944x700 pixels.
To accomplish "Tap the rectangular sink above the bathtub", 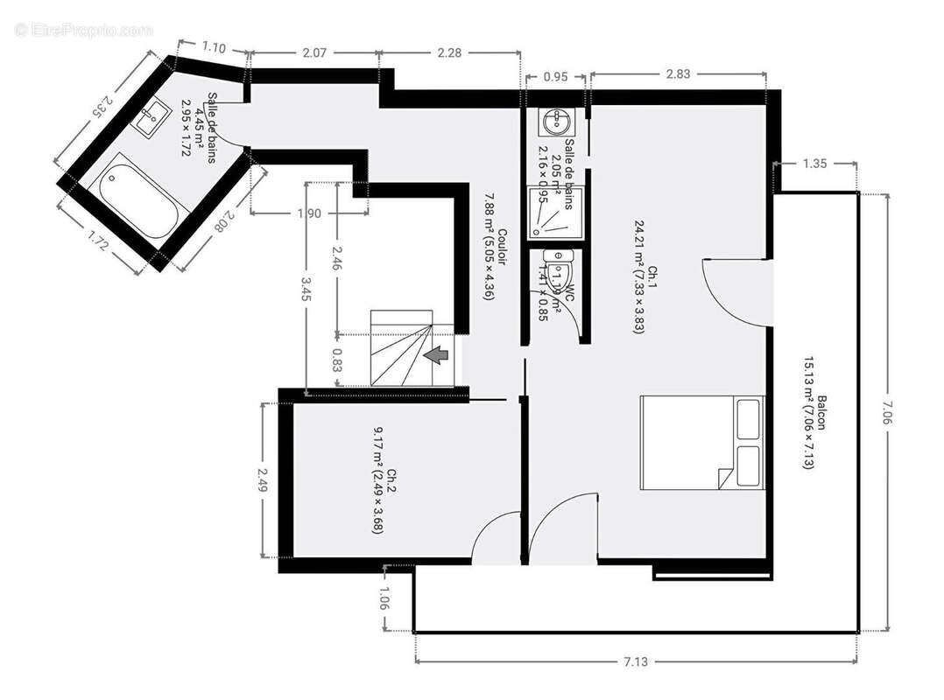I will click(x=154, y=115).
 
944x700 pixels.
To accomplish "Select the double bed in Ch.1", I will click(x=702, y=442).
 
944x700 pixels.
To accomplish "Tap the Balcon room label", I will click(x=814, y=432).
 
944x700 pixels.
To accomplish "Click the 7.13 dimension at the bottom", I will click(x=636, y=662).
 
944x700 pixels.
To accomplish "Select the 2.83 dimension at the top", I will click(x=678, y=74).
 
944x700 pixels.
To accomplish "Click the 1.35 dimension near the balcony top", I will click(x=815, y=163).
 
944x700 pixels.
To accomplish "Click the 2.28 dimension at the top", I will click(x=449, y=53).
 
